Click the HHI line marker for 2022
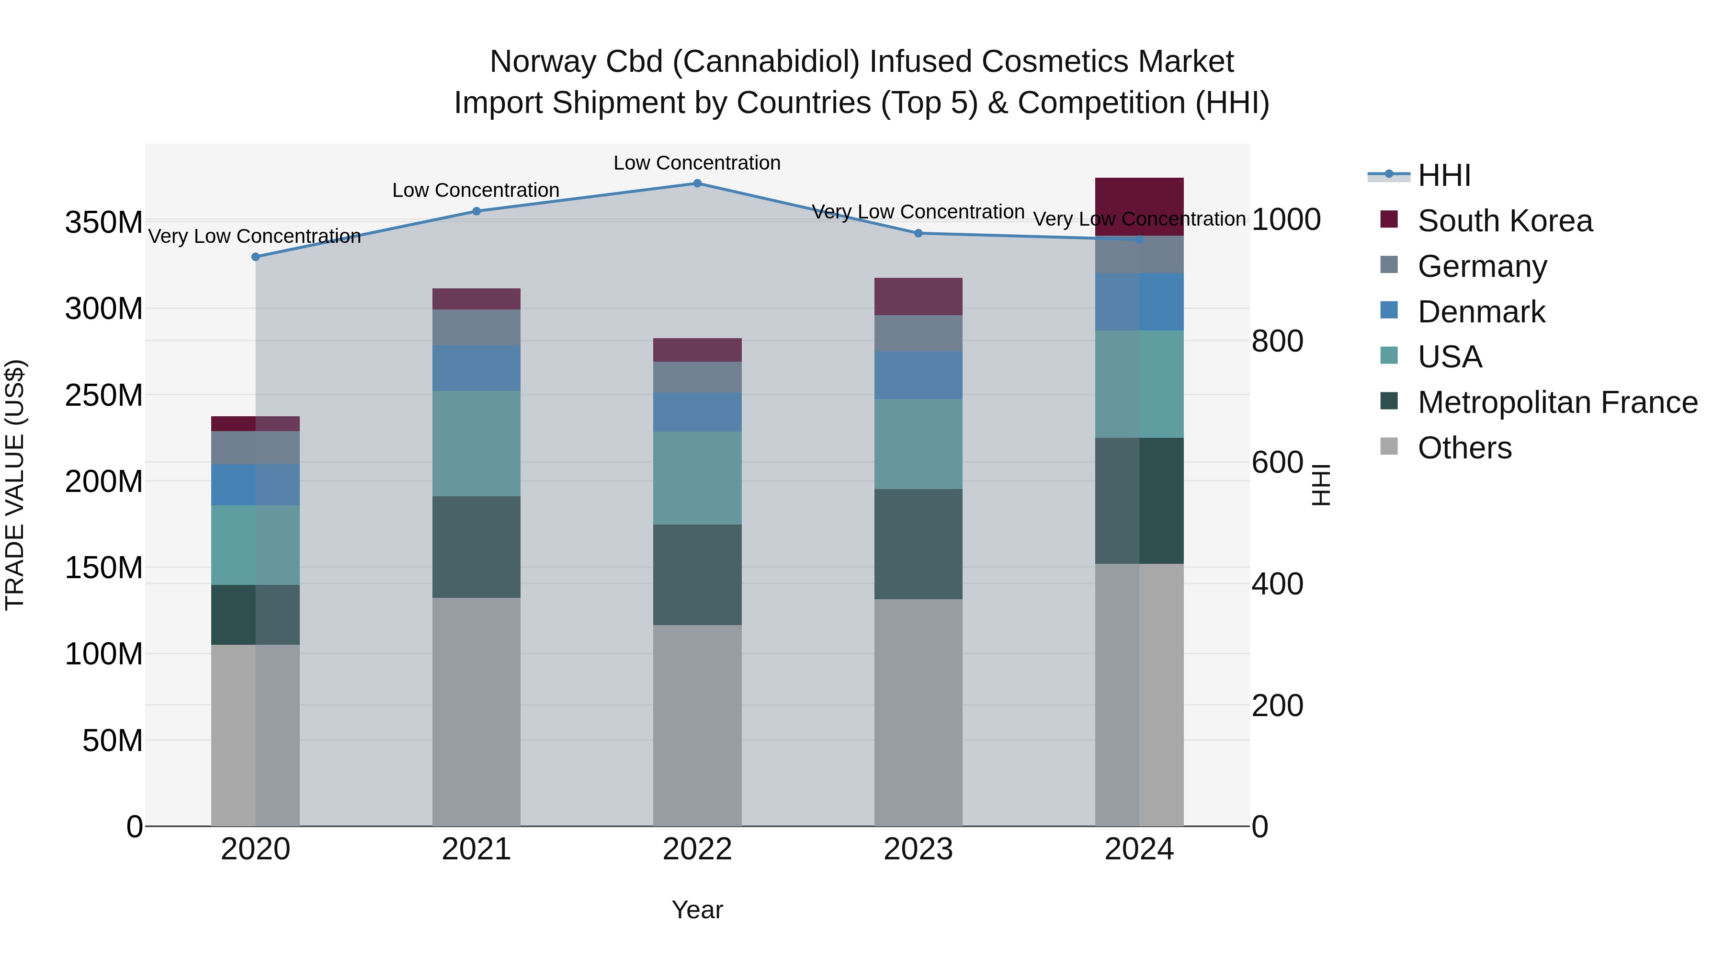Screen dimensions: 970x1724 [x=697, y=183]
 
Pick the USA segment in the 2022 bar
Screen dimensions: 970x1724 [x=697, y=478]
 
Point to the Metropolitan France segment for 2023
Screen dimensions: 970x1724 [x=918, y=544]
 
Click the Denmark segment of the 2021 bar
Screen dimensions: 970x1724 [x=476, y=368]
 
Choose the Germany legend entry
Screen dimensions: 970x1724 [x=1482, y=266]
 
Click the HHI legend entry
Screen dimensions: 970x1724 [x=1443, y=175]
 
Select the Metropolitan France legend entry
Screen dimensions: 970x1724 [x=1557, y=402]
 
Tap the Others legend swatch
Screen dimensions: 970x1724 [x=1389, y=446]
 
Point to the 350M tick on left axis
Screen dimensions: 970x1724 [x=104, y=222]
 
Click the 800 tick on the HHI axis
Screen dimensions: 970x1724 [x=1277, y=342]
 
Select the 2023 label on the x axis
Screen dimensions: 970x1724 [x=918, y=849]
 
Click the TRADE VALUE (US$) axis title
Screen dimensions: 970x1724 [x=15, y=485]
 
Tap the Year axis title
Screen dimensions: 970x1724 [x=697, y=910]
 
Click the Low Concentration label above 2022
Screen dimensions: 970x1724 [x=697, y=163]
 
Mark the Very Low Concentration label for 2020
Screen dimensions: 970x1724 [x=254, y=236]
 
